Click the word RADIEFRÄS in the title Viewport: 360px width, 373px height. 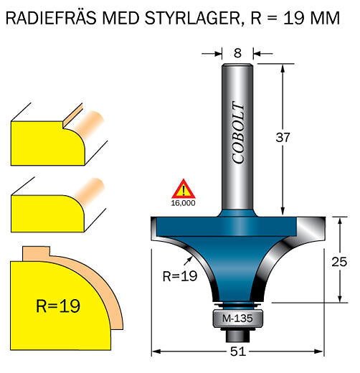pos(51,18)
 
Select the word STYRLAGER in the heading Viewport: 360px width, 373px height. pos(192,18)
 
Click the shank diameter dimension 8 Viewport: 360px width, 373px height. pos(237,53)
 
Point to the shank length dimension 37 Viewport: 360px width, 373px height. pos(283,138)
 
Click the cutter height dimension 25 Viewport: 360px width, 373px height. pos(339,262)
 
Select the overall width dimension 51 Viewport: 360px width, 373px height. pos(238,351)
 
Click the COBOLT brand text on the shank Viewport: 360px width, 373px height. pos(239,132)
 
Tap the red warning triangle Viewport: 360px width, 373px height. pos(184,190)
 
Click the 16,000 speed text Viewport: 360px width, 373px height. pos(183,203)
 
